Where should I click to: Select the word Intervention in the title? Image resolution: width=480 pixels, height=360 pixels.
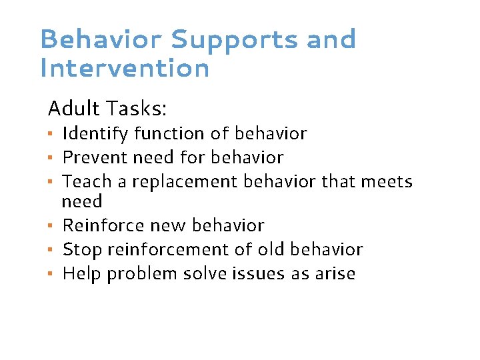coord(125,68)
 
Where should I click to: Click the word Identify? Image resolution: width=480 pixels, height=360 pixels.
coord(95,134)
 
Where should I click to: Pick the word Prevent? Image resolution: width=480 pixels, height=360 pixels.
coord(94,157)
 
